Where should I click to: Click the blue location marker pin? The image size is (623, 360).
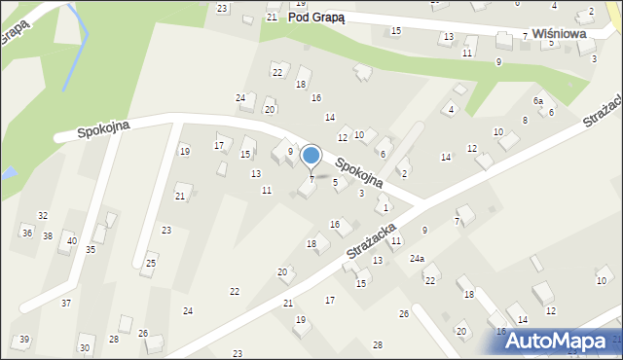(x=311, y=157)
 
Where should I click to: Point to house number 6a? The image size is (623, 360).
(x=537, y=101)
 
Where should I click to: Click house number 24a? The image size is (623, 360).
(x=417, y=258)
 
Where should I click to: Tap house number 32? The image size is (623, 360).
(x=43, y=215)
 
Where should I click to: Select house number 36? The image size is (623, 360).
(x=27, y=234)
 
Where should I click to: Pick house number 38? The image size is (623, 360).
(x=48, y=236)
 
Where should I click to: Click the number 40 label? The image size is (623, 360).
(x=71, y=240)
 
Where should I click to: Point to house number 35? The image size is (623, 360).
(x=91, y=250)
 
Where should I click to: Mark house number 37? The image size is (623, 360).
(x=66, y=304)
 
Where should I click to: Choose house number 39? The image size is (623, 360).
(x=23, y=339)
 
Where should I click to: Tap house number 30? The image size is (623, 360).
(x=85, y=347)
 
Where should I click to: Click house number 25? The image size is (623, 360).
(x=151, y=263)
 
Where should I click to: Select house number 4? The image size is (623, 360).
(x=451, y=109)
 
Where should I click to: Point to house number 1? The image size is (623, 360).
(x=385, y=208)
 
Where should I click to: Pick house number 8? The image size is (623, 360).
(x=525, y=120)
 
